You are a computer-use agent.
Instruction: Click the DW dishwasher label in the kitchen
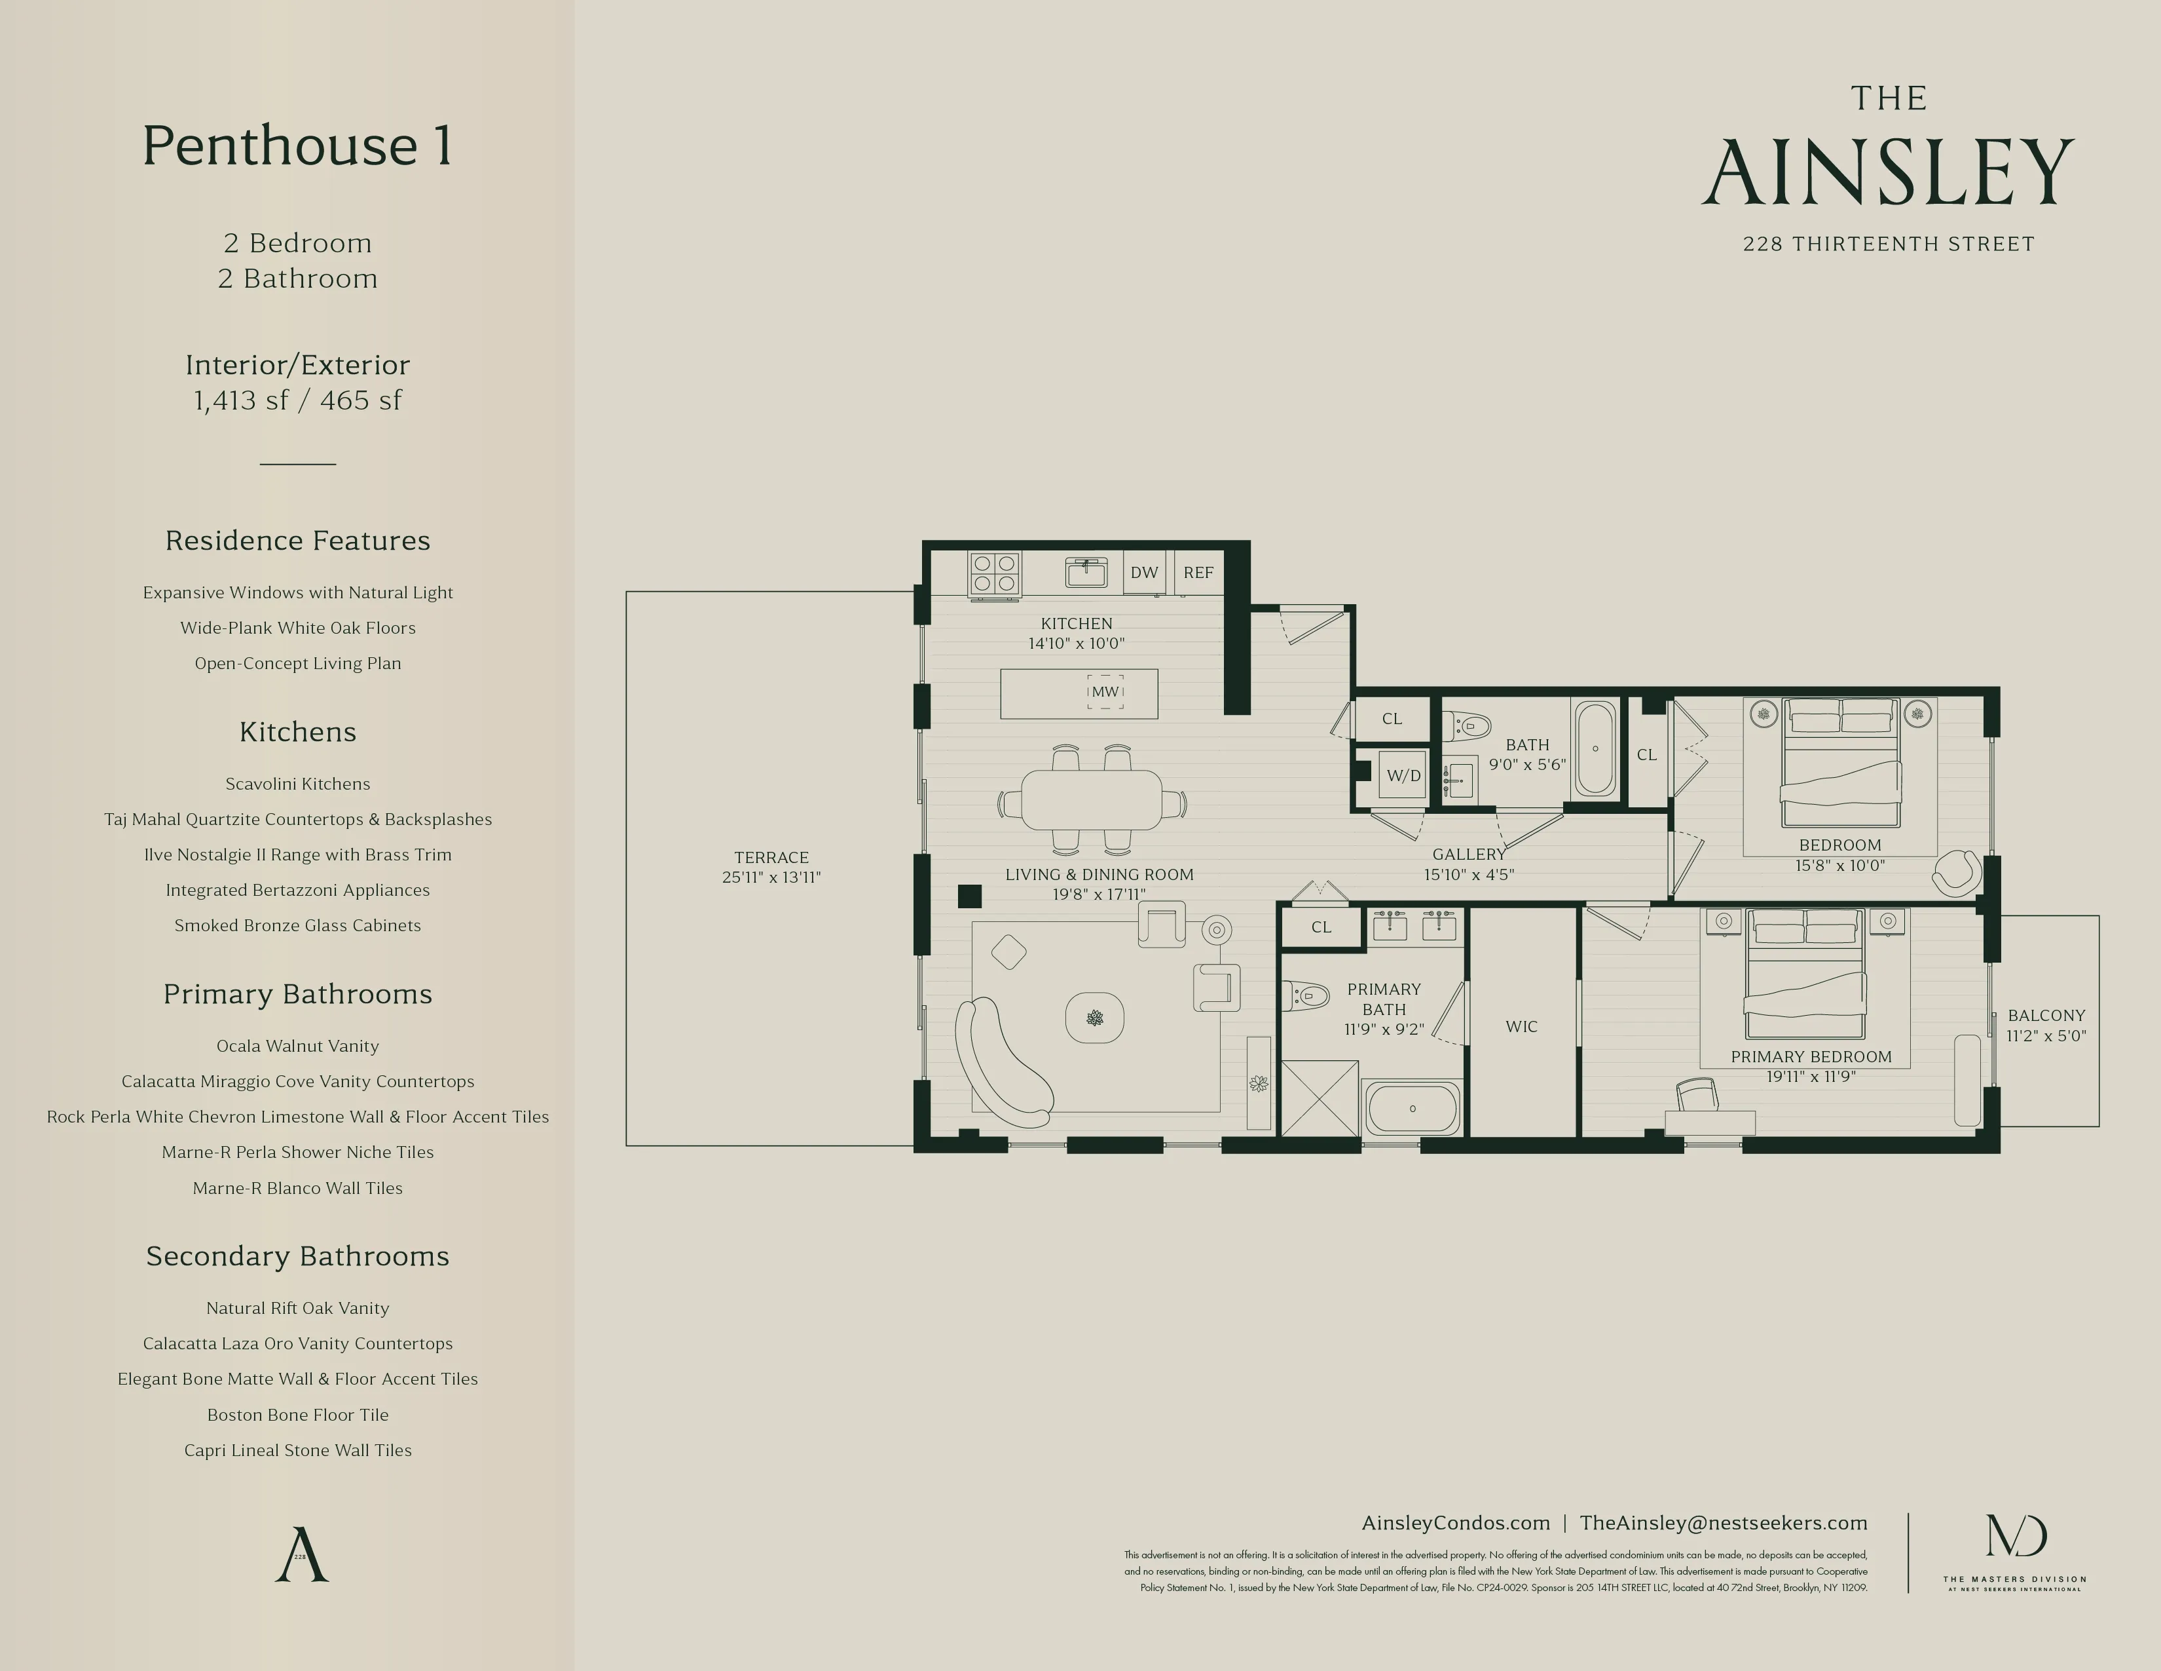[x=1144, y=572]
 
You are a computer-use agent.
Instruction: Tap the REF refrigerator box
[x=1198, y=572]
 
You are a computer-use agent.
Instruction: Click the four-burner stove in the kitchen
[x=993, y=574]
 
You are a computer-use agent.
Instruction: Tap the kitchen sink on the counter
[x=1086, y=572]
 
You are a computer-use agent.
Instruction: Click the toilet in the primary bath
[x=1306, y=995]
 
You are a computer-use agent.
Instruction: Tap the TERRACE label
[x=771, y=857]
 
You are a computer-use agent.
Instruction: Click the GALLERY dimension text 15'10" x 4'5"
[x=1468, y=875]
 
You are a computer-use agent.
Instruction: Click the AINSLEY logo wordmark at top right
[x=1888, y=172]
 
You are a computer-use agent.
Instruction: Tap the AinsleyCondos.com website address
[x=1456, y=1524]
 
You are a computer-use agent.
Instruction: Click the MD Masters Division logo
[x=2016, y=1537]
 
